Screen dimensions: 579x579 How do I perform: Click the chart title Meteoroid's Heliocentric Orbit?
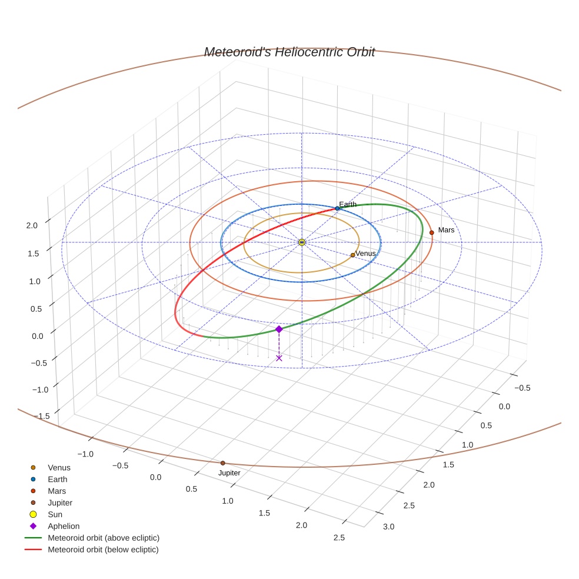coord(289,52)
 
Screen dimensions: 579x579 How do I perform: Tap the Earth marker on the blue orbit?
coord(337,208)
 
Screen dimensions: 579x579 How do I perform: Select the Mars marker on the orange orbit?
coord(431,232)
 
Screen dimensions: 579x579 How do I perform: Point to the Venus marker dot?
coord(352,255)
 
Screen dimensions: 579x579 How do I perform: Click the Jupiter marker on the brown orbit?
coord(222,463)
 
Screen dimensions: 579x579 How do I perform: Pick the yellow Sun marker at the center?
coord(301,242)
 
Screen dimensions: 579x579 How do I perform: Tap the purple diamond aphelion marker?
coord(279,329)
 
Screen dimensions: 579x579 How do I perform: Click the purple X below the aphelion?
coord(279,358)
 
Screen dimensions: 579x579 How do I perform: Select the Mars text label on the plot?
coord(446,230)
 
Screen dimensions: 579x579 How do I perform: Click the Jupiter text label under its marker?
coord(229,473)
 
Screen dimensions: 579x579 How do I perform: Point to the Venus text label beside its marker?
coord(365,254)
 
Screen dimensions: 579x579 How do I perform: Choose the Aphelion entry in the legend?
coord(64,526)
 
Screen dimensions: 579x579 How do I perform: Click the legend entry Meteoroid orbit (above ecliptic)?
coord(104,538)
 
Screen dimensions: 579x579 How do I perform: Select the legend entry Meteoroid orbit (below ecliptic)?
coord(103,550)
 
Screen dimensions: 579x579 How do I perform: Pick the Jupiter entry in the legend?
coord(60,503)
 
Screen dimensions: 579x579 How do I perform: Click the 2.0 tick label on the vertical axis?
coord(32,225)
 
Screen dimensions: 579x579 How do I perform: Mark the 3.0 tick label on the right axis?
coord(390,526)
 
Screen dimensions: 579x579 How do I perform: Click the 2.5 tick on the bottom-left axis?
coord(339,537)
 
